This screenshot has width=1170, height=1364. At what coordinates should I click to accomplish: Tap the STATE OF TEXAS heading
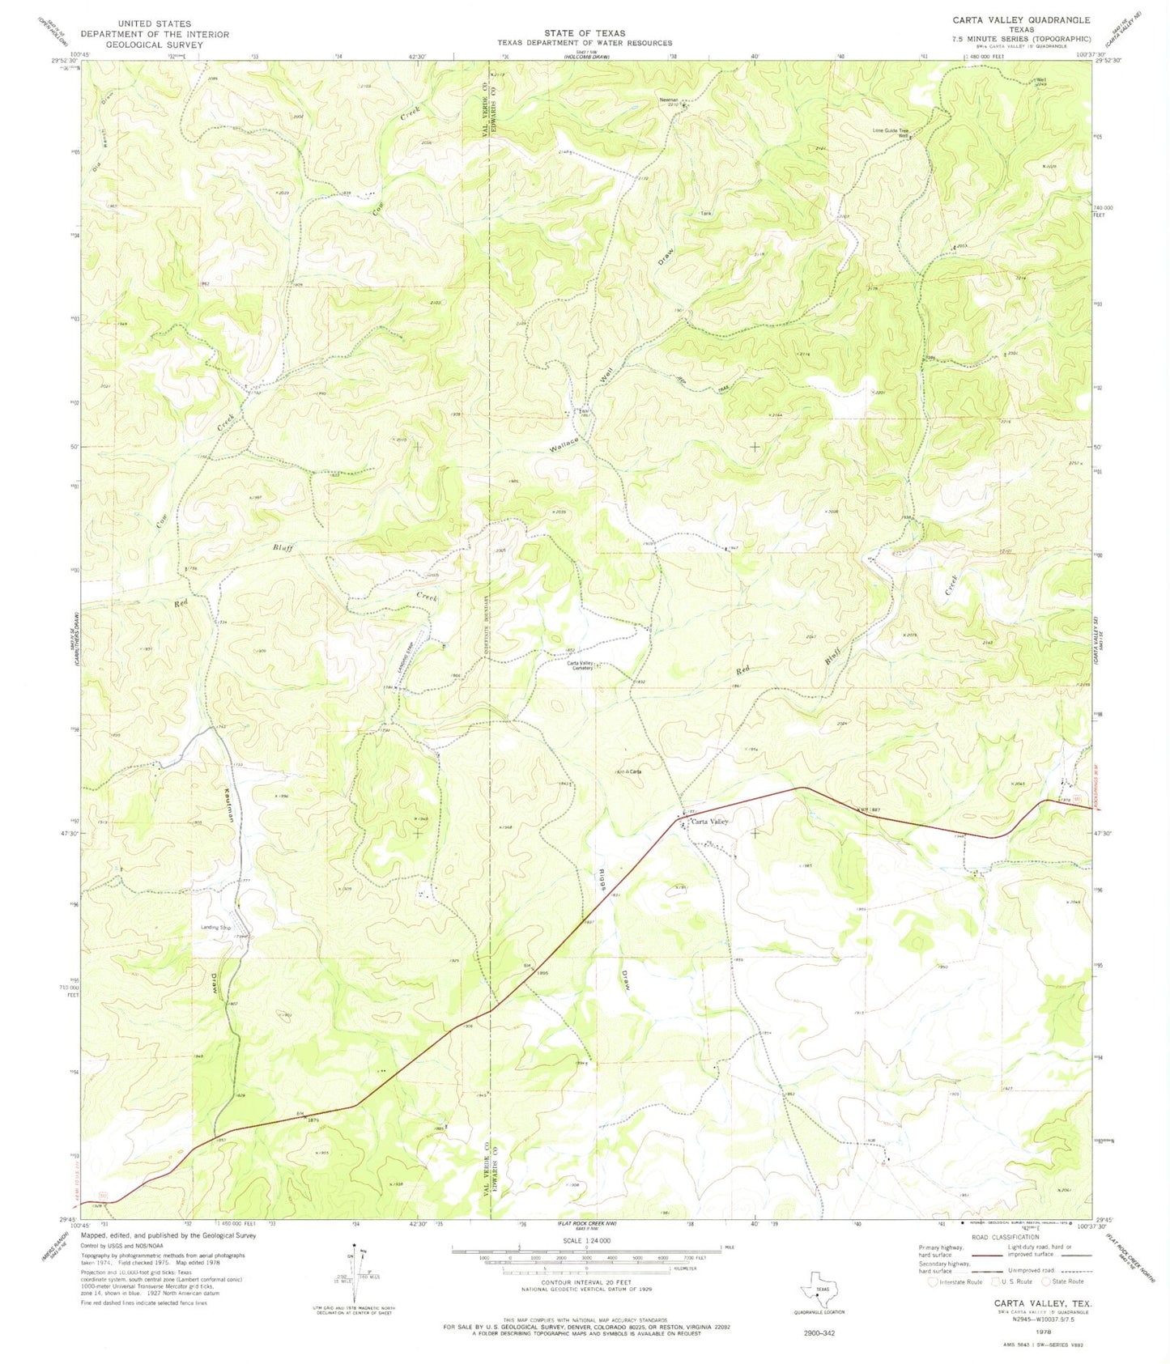click(x=584, y=33)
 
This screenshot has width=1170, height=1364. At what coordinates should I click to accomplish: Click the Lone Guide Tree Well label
click(x=891, y=131)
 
